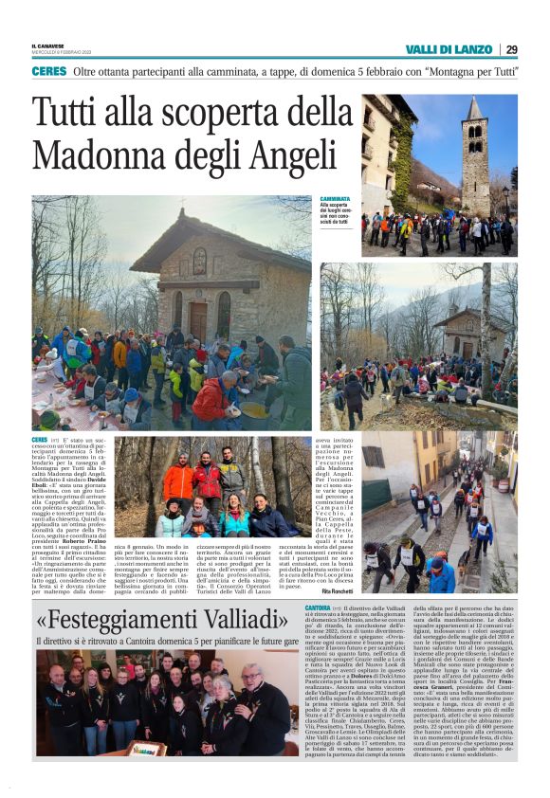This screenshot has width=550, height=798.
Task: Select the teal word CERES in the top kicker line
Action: point(48,71)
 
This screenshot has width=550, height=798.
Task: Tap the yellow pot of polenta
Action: point(252,409)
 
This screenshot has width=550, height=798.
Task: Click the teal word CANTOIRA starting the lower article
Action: point(319,607)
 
